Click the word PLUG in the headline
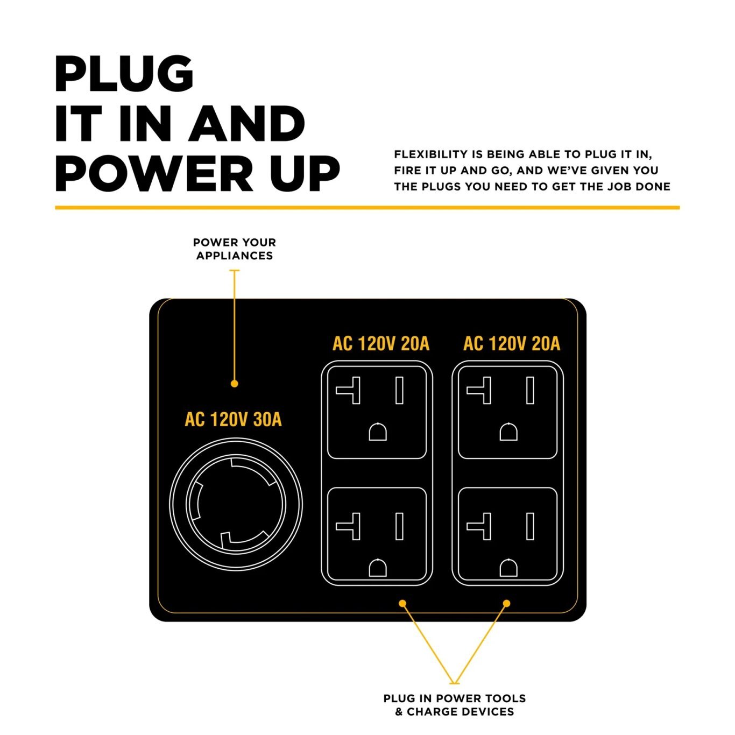tap(124, 74)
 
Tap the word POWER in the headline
tap(152, 173)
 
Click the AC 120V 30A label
tap(233, 420)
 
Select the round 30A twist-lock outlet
tap(236, 505)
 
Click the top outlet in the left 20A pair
tap(377, 412)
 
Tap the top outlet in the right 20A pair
tap(507, 412)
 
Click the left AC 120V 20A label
tap(381, 344)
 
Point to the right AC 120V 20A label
tap(512, 344)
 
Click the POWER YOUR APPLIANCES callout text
tap(235, 249)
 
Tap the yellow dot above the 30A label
tap(234, 384)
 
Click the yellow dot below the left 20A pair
tap(402, 604)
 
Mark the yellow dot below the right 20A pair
tap(506, 604)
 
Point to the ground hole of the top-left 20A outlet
tap(378, 432)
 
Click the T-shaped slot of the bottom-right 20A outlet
tap(480, 526)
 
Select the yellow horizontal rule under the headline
tap(367, 207)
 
